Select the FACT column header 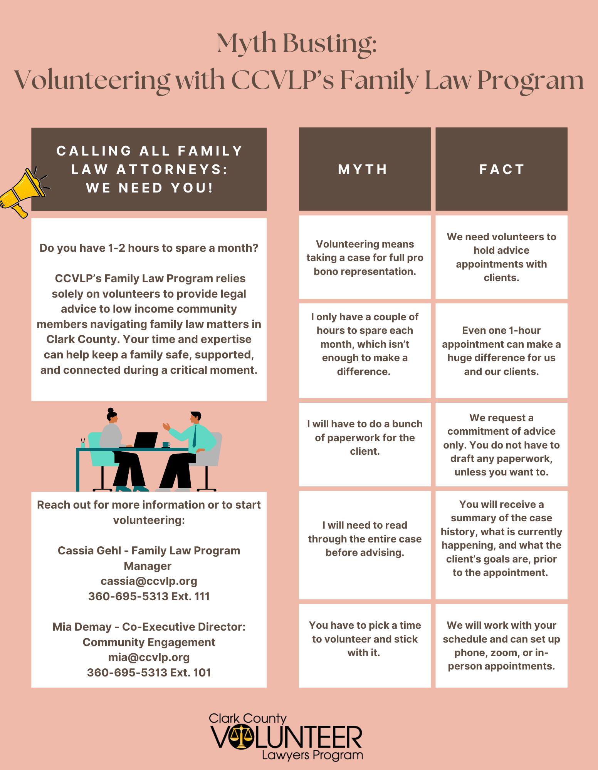click(x=501, y=169)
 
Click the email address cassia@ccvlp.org click(x=149, y=581)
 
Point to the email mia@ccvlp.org click(x=149, y=657)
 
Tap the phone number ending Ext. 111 click(x=149, y=596)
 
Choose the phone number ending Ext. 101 click(x=149, y=673)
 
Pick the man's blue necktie click(x=195, y=435)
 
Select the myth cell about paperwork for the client click(x=365, y=438)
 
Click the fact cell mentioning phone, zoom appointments click(x=501, y=646)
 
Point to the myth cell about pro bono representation click(x=365, y=258)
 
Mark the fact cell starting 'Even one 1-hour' click(x=501, y=351)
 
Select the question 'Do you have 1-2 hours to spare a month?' click(x=149, y=248)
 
